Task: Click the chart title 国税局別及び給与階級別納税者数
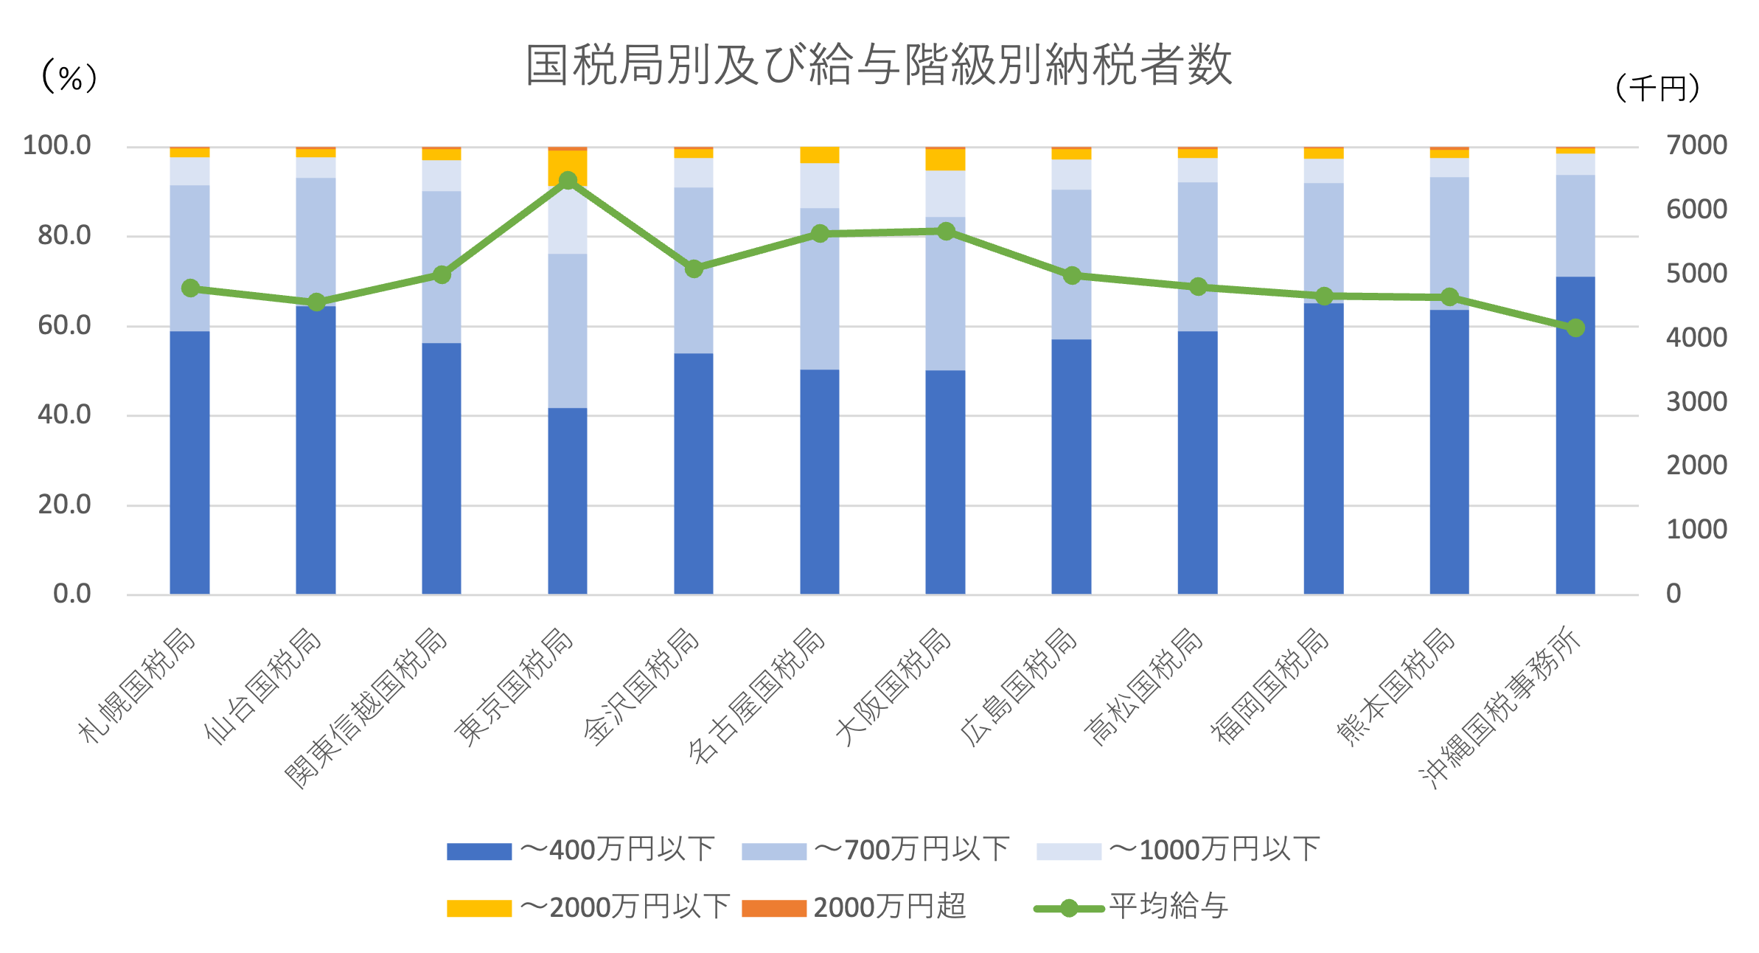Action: point(878,65)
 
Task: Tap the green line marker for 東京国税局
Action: point(568,181)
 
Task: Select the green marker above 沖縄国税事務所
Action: point(1575,328)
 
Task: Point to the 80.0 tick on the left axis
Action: point(64,236)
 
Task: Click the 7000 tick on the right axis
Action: point(1696,145)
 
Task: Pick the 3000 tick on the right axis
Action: point(1696,402)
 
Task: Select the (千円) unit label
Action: point(1657,89)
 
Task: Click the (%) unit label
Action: point(70,77)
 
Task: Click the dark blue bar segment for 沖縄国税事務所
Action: point(1575,435)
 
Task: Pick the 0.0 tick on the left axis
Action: point(72,594)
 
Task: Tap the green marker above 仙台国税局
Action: point(316,302)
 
